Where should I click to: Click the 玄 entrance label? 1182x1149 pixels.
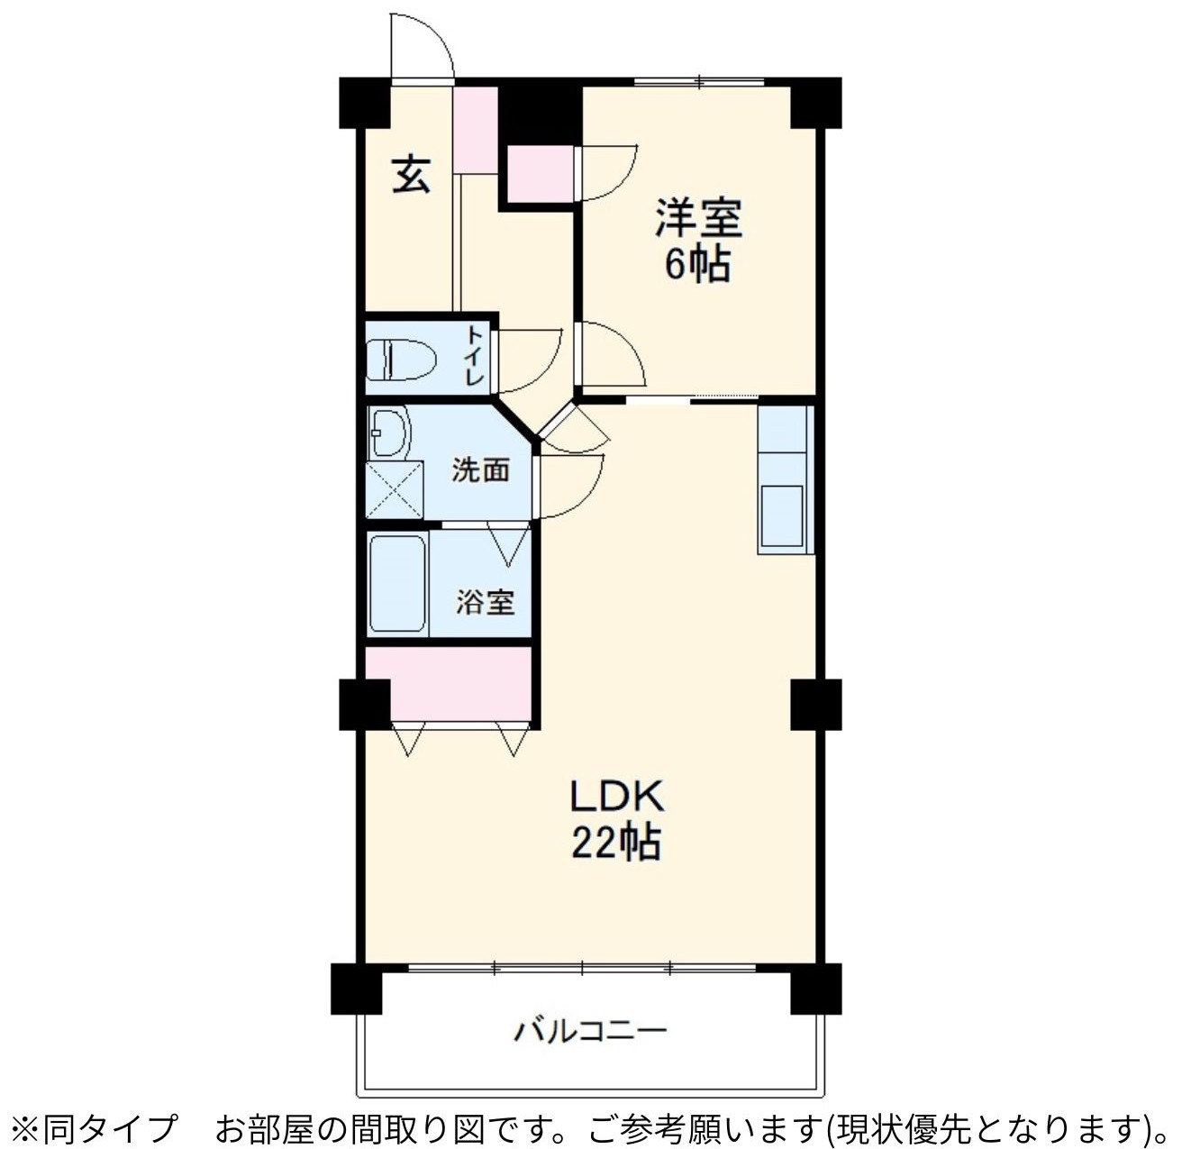point(411,175)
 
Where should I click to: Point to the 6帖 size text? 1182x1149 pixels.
point(697,265)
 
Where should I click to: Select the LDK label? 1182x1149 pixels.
point(616,797)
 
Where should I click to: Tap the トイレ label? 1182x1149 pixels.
point(475,356)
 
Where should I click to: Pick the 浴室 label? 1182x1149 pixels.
point(485,602)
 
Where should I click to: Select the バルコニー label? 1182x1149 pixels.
point(590,1032)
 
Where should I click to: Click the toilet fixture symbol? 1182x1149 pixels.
point(402,359)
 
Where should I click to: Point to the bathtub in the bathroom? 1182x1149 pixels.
point(398,584)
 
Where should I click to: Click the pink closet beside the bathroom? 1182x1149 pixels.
point(449,685)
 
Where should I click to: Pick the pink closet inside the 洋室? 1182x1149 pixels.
point(541,173)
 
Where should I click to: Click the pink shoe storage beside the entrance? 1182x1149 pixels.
point(476,130)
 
